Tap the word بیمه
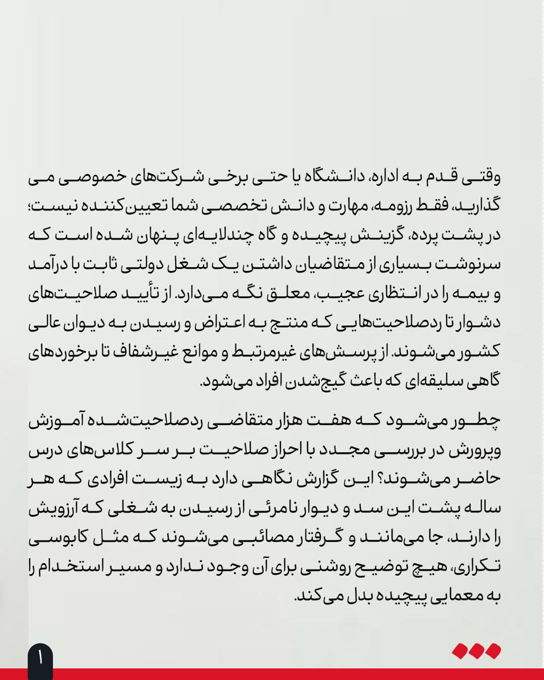point(468,294)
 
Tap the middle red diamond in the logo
point(477,651)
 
